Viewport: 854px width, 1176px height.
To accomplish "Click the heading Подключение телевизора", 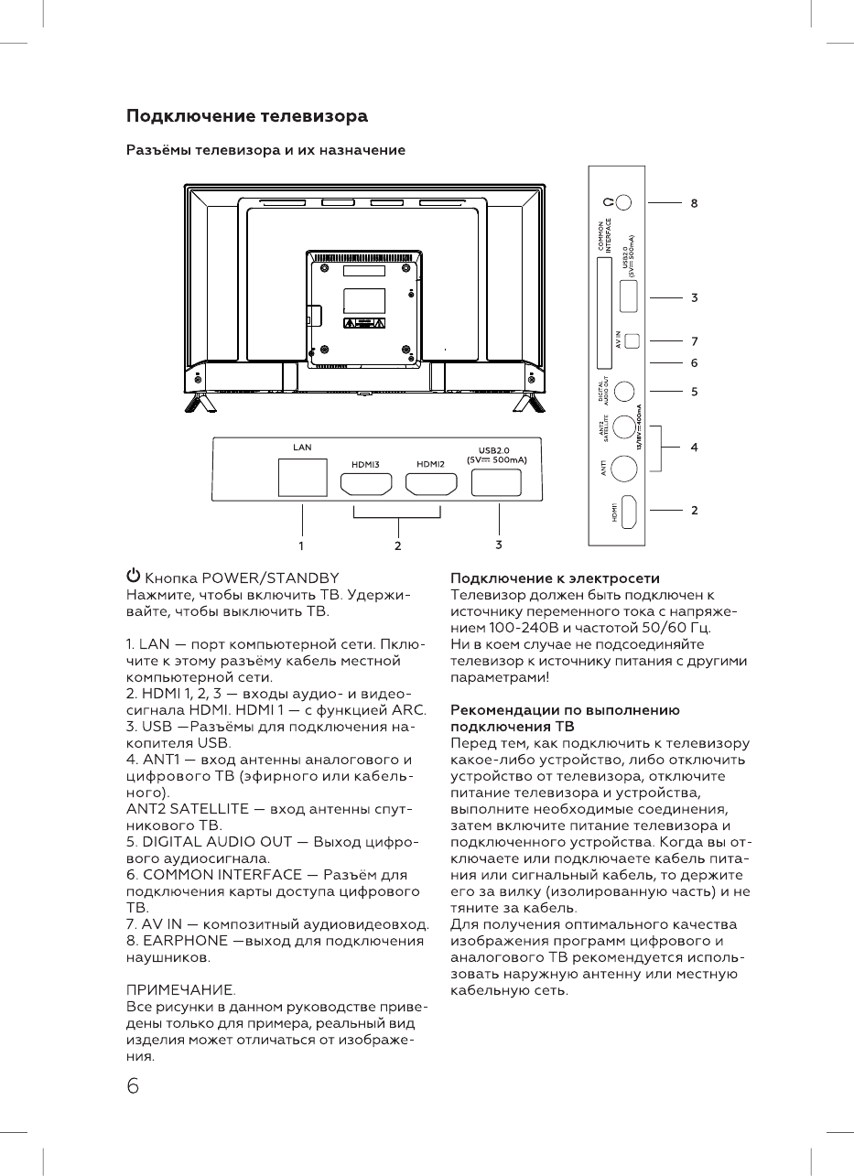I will coord(246,117).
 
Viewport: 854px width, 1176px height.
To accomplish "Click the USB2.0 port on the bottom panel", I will coord(497,482).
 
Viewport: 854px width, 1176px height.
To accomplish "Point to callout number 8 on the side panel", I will coord(694,203).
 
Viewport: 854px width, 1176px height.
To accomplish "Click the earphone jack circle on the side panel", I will coord(623,202).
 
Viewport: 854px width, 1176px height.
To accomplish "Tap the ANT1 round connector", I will coord(624,468).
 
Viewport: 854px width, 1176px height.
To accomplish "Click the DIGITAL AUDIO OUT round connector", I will coord(624,390).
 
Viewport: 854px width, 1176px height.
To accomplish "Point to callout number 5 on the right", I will coord(694,390).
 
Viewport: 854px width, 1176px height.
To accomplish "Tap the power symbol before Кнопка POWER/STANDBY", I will coord(134,577).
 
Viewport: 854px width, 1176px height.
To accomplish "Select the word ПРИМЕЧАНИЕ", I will coord(180,990).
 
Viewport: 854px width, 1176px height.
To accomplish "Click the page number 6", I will coord(134,1085).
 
